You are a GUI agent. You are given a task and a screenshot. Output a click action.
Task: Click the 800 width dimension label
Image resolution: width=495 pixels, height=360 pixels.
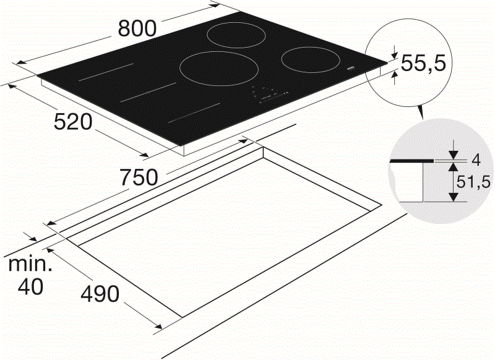coord(137,28)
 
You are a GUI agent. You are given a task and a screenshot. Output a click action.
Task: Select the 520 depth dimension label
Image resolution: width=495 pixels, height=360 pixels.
coord(73,122)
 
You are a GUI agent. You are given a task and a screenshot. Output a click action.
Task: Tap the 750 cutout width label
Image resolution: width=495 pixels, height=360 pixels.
coord(139,178)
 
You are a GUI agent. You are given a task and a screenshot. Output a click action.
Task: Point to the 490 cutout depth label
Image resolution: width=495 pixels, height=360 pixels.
coord(100,294)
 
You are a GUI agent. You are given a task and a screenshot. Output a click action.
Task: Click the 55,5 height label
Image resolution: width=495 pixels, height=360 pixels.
coord(423,63)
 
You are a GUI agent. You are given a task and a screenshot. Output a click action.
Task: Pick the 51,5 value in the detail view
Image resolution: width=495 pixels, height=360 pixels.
coord(473,182)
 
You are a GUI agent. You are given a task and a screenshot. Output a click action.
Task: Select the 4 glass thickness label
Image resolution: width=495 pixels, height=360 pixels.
coord(476,160)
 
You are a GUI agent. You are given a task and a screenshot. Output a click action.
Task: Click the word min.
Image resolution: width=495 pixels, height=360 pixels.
coord(30,264)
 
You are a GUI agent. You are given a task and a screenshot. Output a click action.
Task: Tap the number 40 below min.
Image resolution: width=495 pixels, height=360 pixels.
coord(30,288)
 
